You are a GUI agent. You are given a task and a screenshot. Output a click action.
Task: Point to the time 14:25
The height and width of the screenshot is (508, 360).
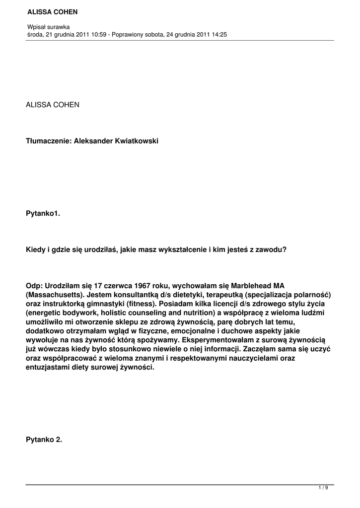(218, 34)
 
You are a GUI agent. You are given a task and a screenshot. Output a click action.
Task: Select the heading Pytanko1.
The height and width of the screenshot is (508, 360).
(43, 213)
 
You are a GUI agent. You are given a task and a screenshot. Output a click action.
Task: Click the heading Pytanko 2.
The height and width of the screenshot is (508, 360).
(44, 439)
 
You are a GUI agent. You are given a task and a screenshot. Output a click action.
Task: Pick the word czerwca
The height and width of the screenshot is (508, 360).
(122, 285)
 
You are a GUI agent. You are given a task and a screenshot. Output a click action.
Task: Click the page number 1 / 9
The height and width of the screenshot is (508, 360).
(323, 488)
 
